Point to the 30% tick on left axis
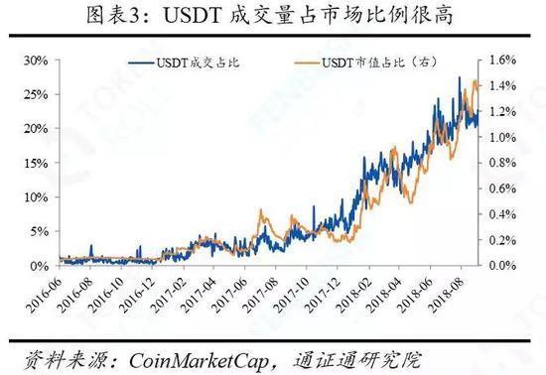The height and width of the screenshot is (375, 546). pos(36,61)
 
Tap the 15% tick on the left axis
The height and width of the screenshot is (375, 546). pos(36,163)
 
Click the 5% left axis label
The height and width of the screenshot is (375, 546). pos(40,231)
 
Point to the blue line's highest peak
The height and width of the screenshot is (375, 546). pos(459,77)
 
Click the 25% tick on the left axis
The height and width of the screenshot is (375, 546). pos(36,94)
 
